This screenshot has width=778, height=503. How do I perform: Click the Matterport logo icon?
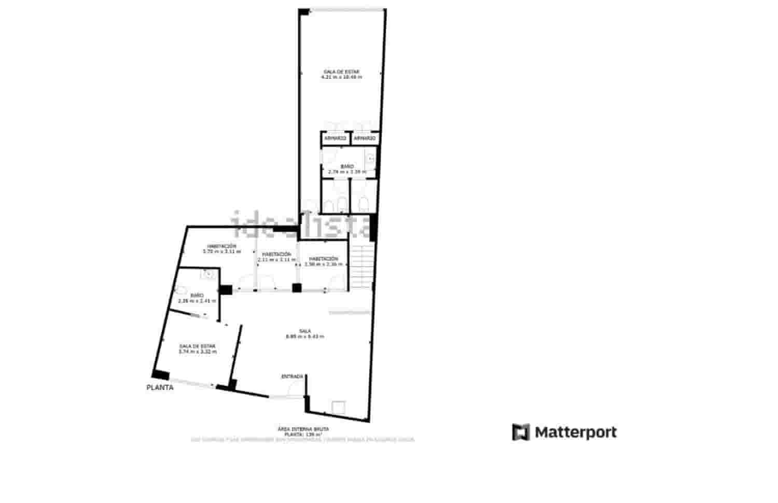coord(521,432)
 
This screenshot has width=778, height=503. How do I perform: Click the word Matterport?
coord(576,432)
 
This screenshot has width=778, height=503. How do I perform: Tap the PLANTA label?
coord(160,387)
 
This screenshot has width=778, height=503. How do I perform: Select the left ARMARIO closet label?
coord(335,138)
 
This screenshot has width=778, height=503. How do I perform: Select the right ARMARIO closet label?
coord(365,138)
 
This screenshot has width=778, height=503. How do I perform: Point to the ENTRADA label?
coord(292,376)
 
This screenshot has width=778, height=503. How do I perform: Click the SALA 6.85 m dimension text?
coord(305,337)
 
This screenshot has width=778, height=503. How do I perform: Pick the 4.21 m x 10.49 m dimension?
coord(341,77)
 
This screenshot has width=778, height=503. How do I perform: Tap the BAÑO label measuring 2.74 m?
coord(347,166)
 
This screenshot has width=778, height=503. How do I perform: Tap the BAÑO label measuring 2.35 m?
coord(197,296)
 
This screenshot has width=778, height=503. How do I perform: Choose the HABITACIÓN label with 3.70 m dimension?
coord(221,246)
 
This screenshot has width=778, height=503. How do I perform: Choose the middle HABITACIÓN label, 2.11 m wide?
coord(276,254)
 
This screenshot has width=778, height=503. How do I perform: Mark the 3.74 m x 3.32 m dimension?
coord(197,352)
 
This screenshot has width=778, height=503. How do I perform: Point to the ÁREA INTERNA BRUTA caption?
coord(303,429)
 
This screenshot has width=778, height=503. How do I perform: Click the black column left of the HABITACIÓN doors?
coord(226,290)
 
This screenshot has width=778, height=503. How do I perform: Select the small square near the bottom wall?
coord(339,407)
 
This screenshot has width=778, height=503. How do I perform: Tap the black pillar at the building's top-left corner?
coord(304,11)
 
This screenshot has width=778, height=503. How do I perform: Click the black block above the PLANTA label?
coord(160,375)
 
